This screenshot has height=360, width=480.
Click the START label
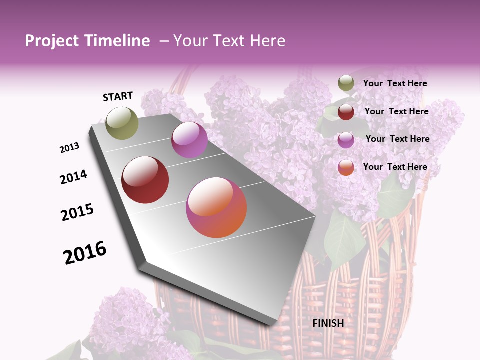[x=118, y=96]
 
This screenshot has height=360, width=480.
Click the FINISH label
[x=328, y=323]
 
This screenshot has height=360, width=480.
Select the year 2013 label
[x=70, y=148]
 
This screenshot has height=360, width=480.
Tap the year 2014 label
[x=74, y=177]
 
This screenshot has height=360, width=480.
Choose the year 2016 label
[x=85, y=252]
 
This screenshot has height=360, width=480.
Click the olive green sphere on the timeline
[x=122, y=123]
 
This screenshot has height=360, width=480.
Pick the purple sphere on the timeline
[x=189, y=140]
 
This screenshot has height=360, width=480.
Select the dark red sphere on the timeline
[x=145, y=180]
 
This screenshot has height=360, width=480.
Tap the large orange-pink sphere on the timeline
[x=216, y=207]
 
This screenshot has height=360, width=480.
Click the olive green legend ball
[x=346, y=83]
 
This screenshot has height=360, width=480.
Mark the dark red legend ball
[x=346, y=111]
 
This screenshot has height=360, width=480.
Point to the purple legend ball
[x=346, y=139]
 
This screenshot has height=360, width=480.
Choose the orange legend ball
[x=346, y=167]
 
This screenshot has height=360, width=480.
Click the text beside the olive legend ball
[x=395, y=83]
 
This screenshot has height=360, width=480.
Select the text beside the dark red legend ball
[x=396, y=111]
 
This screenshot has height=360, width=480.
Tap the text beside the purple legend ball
[x=397, y=139]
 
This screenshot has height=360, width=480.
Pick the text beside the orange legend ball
[x=395, y=167]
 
